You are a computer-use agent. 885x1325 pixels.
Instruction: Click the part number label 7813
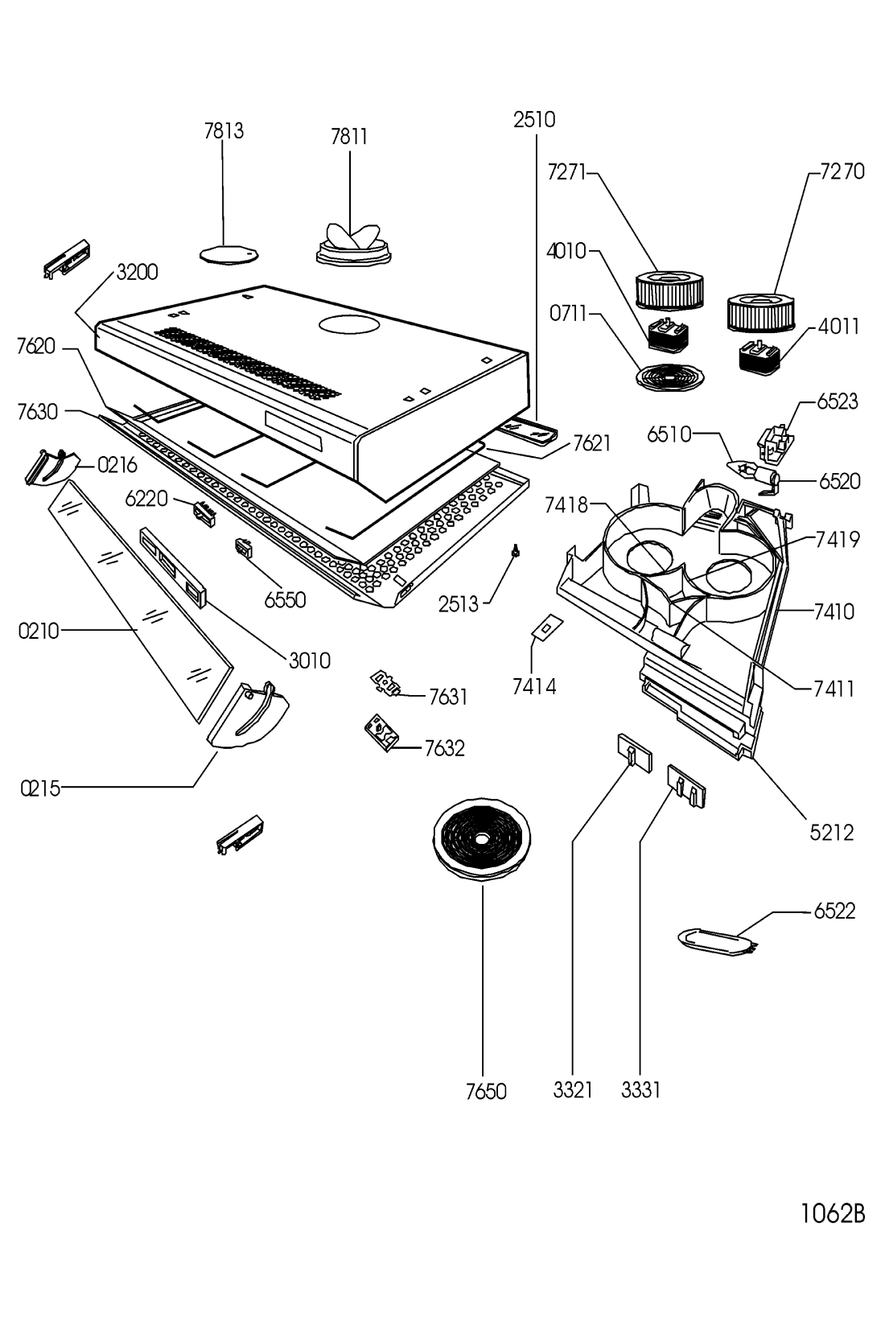coord(224,131)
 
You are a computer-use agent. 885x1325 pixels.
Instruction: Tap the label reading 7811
coord(349,137)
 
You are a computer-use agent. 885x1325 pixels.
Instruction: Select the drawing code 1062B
coord(832,1213)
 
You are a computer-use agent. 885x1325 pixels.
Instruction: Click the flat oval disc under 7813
coord(228,254)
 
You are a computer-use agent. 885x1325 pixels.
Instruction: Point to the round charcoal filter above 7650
coord(482,837)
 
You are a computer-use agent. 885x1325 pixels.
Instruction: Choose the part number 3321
coord(573,1090)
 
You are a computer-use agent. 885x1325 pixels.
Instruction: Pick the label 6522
coord(834,911)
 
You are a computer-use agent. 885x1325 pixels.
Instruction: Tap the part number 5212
coord(832,832)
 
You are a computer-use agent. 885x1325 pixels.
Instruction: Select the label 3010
coord(310,660)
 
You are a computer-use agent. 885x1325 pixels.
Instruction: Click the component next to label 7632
coord(381,732)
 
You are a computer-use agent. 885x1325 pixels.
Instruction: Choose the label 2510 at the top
coord(534,120)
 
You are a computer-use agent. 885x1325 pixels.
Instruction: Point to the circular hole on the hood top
coord(348,325)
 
